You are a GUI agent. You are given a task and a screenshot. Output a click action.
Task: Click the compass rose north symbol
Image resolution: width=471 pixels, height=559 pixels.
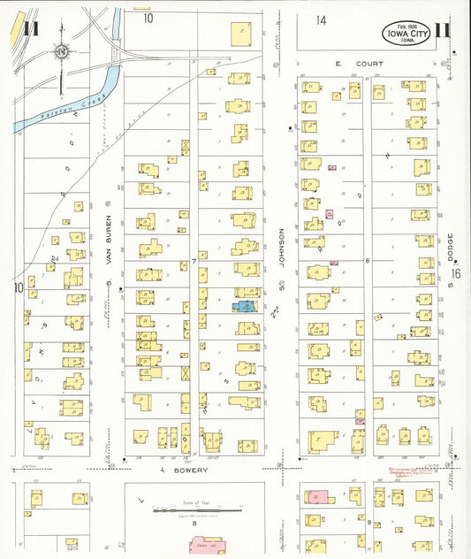tap(61, 52)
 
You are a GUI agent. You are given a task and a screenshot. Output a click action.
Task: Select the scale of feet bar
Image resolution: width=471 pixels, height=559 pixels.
tap(198, 510)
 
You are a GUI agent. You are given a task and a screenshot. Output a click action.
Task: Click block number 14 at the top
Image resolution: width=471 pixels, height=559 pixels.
tap(322, 19)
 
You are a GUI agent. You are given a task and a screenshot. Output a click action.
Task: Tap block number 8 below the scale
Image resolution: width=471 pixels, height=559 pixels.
tap(194, 523)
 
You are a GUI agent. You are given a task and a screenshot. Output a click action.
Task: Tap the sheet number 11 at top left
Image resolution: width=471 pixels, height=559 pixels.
tap(32, 27)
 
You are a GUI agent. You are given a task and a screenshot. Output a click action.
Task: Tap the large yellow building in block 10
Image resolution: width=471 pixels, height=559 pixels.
tap(241, 34)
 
